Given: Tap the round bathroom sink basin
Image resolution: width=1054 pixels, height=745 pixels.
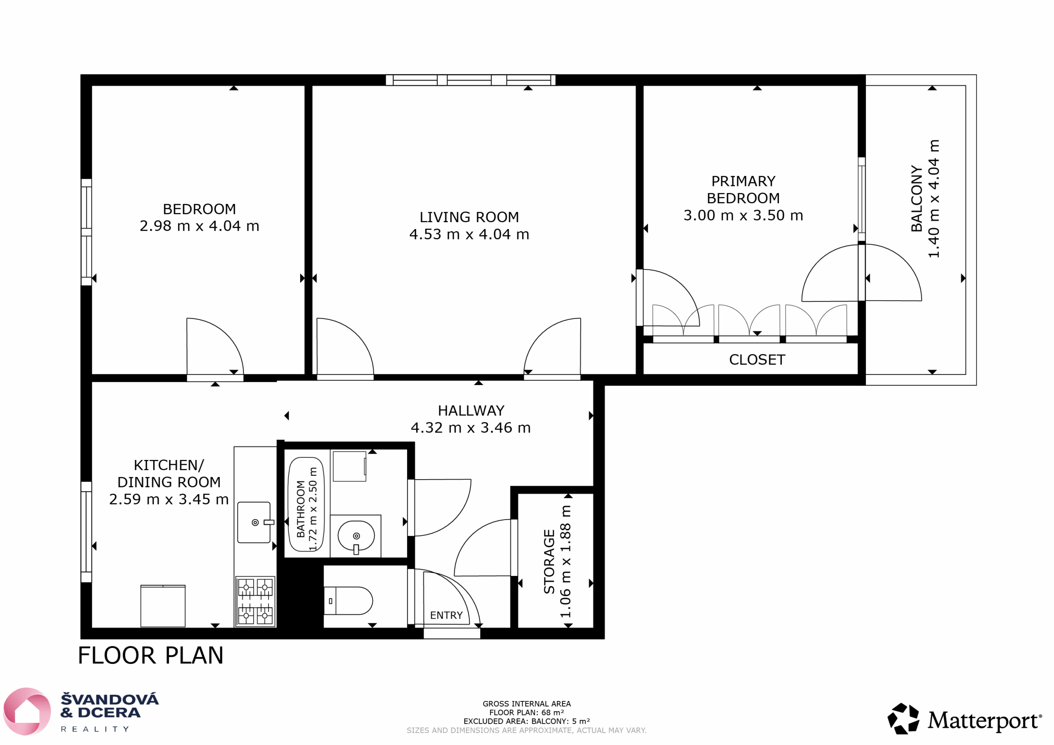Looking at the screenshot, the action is pos(356,535).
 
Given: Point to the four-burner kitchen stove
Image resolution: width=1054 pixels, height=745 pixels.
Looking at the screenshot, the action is pos(255,601).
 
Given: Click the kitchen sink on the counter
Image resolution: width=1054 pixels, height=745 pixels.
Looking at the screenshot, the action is pos(254,522).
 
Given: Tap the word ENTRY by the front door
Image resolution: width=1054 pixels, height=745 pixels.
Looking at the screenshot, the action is pos(446,616).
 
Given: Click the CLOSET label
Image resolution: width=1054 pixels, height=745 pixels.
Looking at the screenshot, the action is pos(757,360).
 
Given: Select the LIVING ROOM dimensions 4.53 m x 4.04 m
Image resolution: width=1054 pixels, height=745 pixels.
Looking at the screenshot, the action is pos(469,234).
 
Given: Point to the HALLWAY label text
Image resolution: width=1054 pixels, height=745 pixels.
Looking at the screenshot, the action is pos(471,411).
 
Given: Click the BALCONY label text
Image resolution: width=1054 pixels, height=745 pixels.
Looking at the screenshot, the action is pos(916,199).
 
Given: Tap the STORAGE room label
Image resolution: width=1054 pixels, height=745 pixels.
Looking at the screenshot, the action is pos(549,562).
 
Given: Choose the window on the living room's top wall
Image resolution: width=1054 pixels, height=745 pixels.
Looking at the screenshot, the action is pos(471,80).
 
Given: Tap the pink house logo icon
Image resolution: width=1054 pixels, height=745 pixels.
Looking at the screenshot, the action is pos(27,711).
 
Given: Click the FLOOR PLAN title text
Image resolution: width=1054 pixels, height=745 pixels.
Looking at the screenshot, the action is pos(151,656).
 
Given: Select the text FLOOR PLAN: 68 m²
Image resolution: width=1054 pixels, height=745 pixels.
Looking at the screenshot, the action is pos(527,713).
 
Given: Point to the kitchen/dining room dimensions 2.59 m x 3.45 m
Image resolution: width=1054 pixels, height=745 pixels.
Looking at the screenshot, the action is pos(169,499).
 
